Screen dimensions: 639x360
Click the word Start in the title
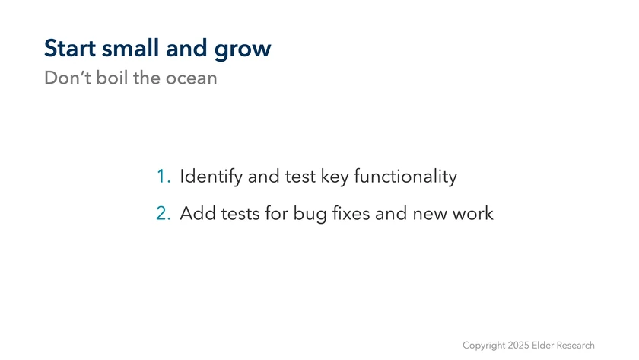pyautogui.click(x=70, y=48)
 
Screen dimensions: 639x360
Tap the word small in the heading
pyautogui.click(x=130, y=48)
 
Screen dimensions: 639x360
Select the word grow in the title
pyautogui.click(x=243, y=50)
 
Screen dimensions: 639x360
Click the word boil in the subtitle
pyautogui.click(x=112, y=78)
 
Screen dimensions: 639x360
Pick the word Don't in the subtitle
pyautogui.click(x=68, y=78)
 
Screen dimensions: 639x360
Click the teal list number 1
pyautogui.click(x=164, y=176)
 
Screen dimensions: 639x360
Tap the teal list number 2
pyautogui.click(x=164, y=213)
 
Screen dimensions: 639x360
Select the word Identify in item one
pyautogui.click(x=211, y=177)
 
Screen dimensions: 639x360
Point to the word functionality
pyautogui.click(x=405, y=177)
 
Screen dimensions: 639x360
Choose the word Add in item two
pyautogui.click(x=198, y=213)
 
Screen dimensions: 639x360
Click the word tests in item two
pyautogui.click(x=240, y=214)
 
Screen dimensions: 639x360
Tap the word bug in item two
pyautogui.click(x=310, y=215)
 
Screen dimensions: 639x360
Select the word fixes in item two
pyautogui.click(x=351, y=213)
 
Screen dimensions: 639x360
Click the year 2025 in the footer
pyautogui.click(x=518, y=346)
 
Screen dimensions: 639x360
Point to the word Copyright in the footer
pyautogui.click(x=484, y=346)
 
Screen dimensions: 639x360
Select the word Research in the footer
pyautogui.click(x=575, y=346)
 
